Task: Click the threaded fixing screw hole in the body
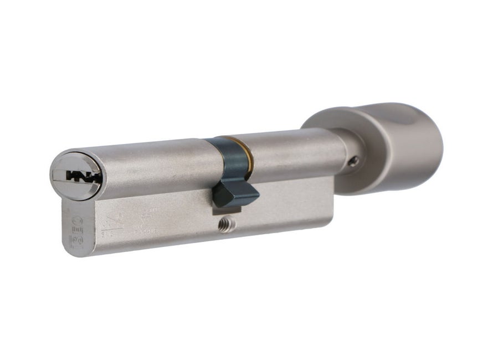click(226, 225)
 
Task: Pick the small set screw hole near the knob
click(355, 161)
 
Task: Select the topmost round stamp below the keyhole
click(77, 220)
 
